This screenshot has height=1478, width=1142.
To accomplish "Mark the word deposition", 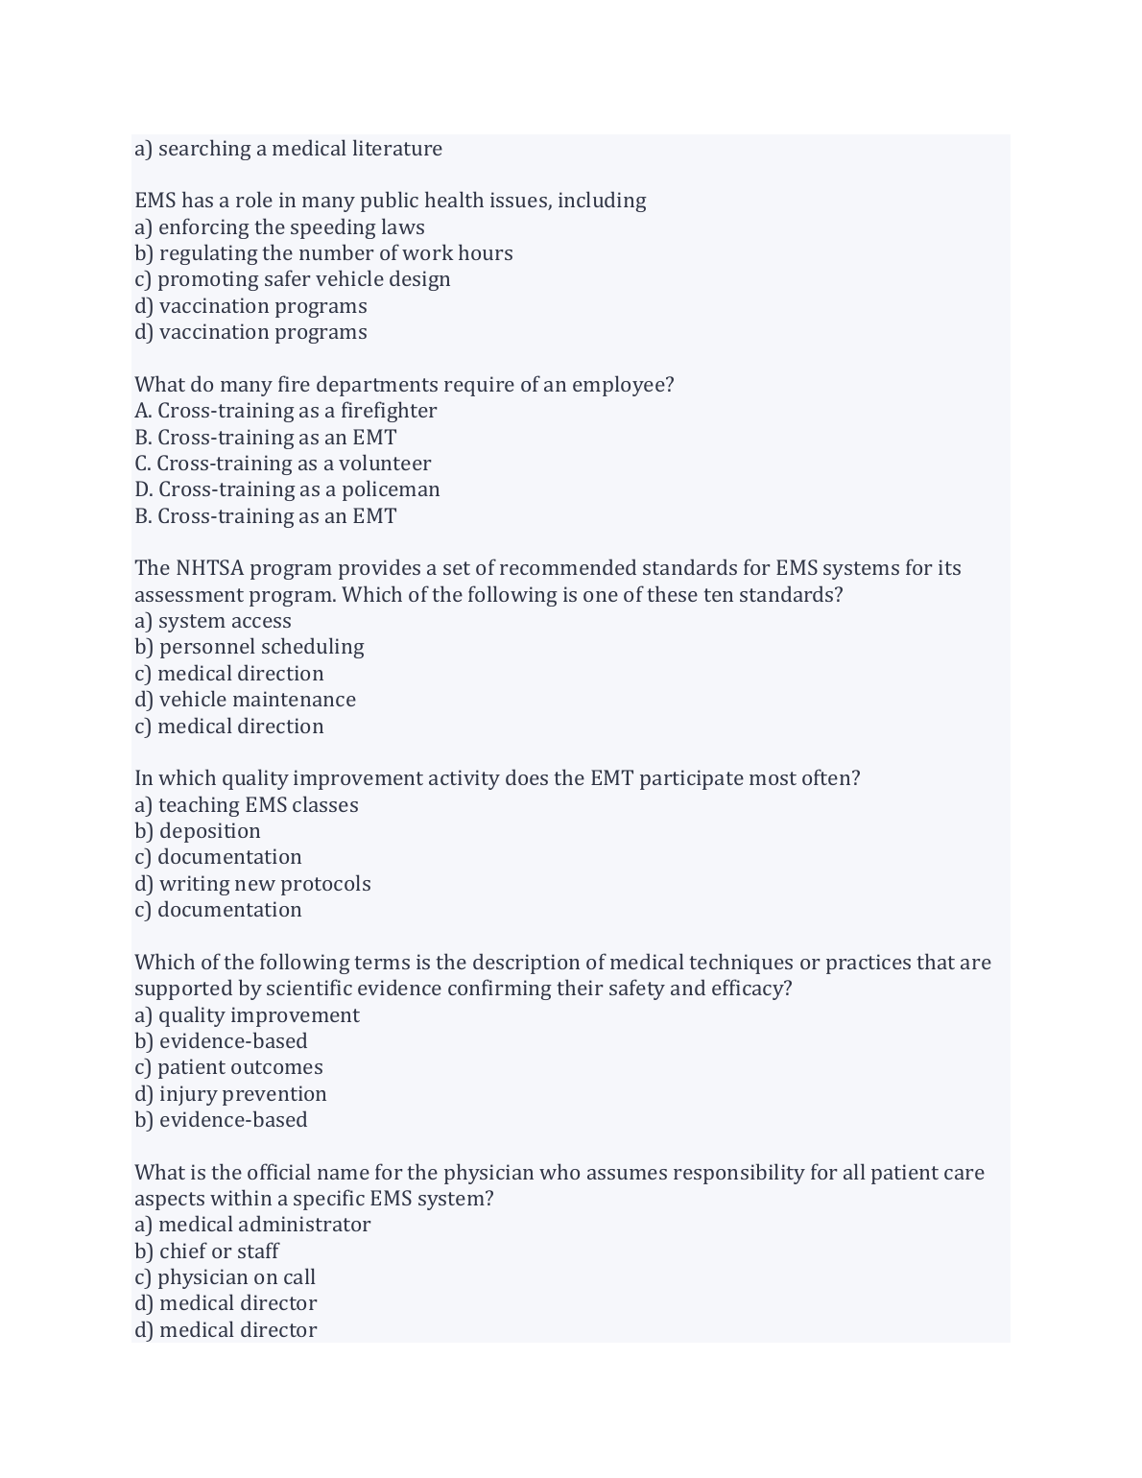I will click(x=209, y=831).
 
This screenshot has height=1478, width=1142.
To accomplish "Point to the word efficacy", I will click(x=751, y=989).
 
